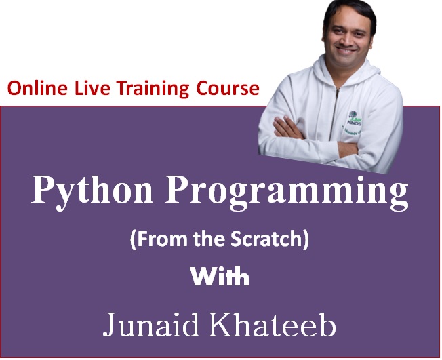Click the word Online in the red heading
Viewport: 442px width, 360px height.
[38, 88]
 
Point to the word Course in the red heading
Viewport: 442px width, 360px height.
[228, 88]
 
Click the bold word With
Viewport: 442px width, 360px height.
[220, 277]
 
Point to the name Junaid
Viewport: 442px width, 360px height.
[150, 324]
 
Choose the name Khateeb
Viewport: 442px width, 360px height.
[273, 323]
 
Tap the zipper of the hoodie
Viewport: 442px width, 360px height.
[335, 113]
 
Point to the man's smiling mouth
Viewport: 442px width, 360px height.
[347, 51]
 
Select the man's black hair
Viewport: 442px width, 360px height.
[349, 12]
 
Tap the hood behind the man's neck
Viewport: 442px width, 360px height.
[369, 72]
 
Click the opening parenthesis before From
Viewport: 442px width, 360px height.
[133, 240]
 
